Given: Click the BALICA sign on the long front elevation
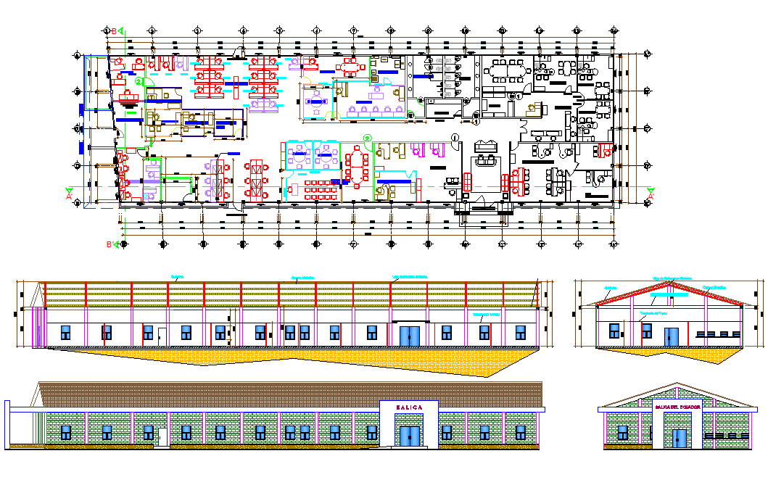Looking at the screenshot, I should (x=408, y=407).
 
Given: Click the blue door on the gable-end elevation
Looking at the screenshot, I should (x=679, y=438).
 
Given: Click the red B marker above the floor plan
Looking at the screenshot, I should (x=114, y=30).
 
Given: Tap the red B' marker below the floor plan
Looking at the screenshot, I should (x=110, y=245).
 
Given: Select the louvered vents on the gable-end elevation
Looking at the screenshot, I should (x=727, y=436).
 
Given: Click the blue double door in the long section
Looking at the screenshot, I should (x=409, y=335).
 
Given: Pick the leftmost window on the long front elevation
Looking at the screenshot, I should (x=66, y=433).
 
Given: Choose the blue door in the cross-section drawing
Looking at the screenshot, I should (x=672, y=336).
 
